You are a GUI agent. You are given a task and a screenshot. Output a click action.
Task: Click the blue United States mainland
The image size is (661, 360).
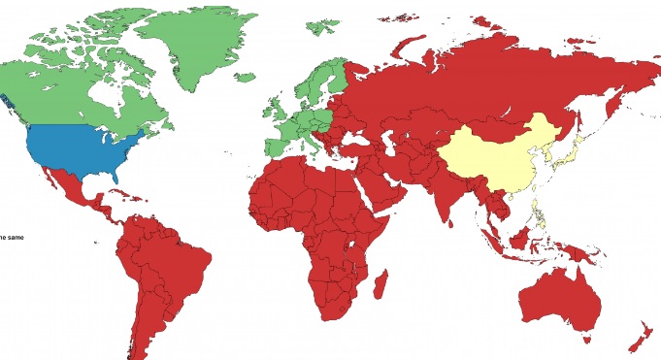point(83,150)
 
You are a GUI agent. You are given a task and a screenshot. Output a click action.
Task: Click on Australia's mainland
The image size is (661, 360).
point(563,301)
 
